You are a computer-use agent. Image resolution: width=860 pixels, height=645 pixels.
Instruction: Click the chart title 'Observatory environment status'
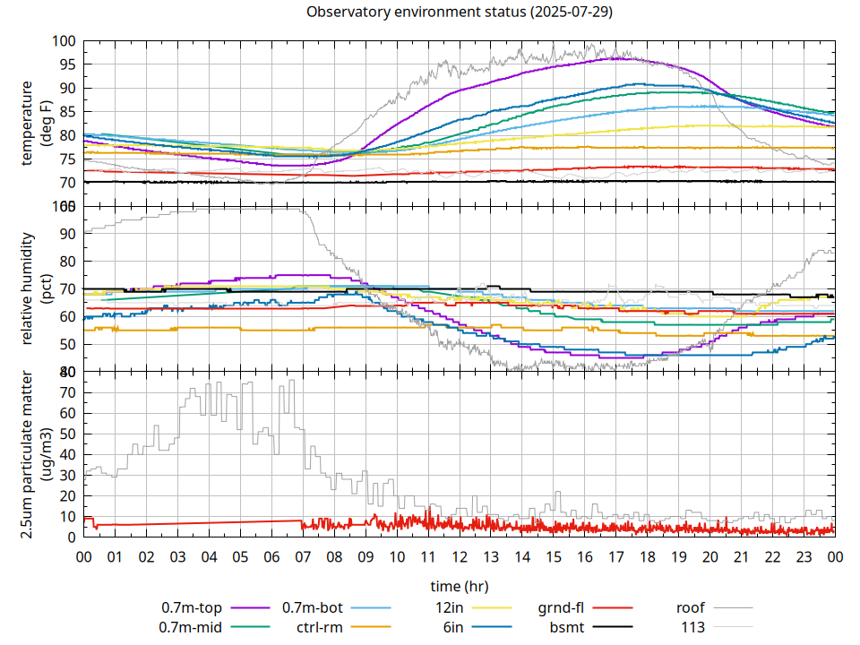click(x=459, y=13)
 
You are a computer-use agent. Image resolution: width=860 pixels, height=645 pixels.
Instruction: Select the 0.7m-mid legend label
click(x=191, y=627)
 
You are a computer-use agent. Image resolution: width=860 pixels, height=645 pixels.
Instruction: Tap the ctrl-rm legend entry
click(x=319, y=627)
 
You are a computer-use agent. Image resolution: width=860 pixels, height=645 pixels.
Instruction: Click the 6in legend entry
click(x=452, y=627)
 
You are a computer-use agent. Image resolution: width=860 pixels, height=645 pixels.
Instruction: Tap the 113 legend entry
click(x=693, y=627)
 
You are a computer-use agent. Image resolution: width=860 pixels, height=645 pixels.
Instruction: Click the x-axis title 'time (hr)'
click(x=459, y=586)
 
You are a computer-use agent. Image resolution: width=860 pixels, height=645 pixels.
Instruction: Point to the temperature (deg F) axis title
click(x=35, y=123)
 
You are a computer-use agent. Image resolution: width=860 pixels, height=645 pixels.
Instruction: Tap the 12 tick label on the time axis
click(x=459, y=555)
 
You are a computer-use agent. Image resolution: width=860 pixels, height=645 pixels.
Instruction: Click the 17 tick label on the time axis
click(x=615, y=555)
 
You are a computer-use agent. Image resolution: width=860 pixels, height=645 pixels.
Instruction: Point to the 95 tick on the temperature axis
click(x=64, y=64)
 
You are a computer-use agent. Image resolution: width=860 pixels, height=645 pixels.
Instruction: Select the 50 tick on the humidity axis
click(x=64, y=344)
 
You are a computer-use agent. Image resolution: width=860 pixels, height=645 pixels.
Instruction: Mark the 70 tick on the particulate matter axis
click(x=64, y=392)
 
